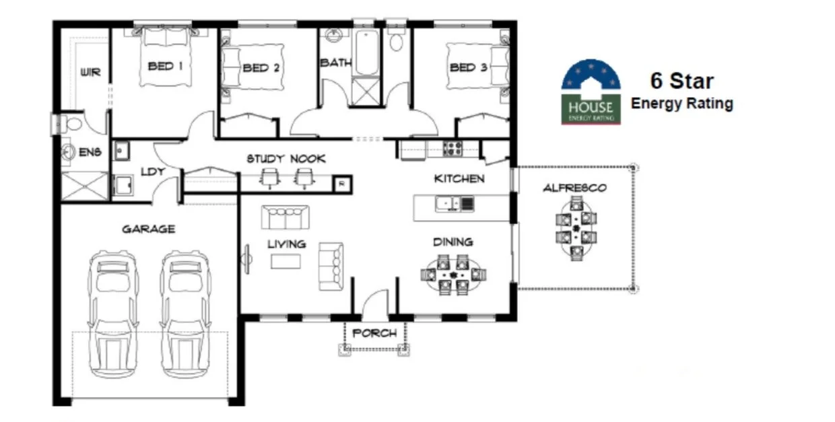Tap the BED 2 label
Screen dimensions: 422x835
pos(261,67)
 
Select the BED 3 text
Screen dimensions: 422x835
pos(469,67)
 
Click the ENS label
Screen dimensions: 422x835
pos(90,153)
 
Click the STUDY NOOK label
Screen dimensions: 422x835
pos(286,159)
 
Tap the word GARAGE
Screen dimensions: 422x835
pos(148,229)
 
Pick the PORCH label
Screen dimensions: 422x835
pos(374,333)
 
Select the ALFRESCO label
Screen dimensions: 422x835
pos(574,188)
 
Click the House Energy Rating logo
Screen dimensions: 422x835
pos(591,92)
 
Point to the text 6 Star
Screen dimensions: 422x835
pos(681,81)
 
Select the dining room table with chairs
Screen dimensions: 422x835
pos(453,274)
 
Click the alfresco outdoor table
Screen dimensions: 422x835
pos(576,227)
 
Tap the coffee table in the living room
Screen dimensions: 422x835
pos(286,261)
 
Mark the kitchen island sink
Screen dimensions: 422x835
pos(447,202)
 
